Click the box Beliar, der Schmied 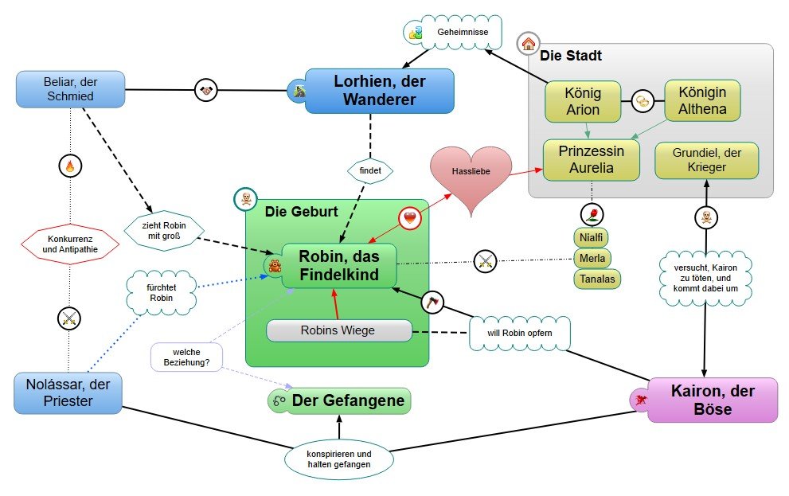click(x=70, y=89)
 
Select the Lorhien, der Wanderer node click(x=380, y=91)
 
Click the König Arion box click(x=583, y=101)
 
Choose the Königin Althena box click(x=702, y=100)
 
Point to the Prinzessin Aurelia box click(x=592, y=159)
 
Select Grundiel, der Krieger click(x=706, y=160)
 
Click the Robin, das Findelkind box click(x=339, y=266)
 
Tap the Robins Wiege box click(x=338, y=330)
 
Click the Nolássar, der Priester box click(x=68, y=393)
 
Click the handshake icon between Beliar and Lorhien click(x=206, y=91)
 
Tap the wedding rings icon click(x=643, y=101)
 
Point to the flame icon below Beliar click(x=70, y=166)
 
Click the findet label click(x=370, y=170)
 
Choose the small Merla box click(x=592, y=258)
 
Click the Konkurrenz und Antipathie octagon click(x=70, y=244)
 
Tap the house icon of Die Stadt click(x=529, y=45)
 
